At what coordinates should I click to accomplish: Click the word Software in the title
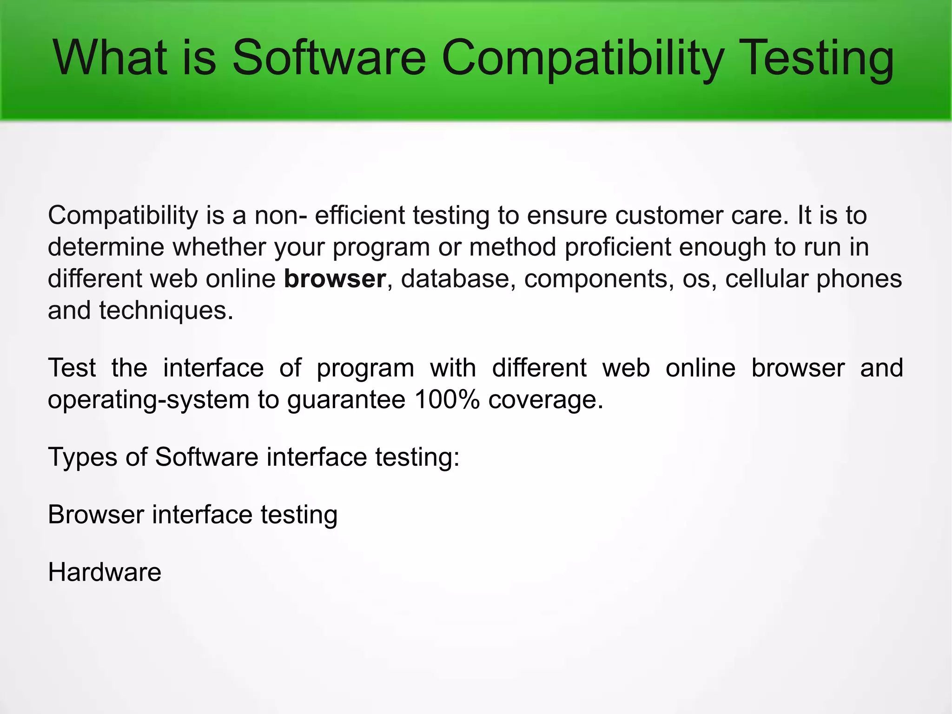pyautogui.click(x=329, y=58)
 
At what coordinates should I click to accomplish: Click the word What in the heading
pyautogui.click(x=110, y=58)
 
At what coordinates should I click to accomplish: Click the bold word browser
pyautogui.click(x=335, y=279)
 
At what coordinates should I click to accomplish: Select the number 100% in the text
pyautogui.click(x=447, y=399)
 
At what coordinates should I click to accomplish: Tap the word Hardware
pyautogui.click(x=105, y=572)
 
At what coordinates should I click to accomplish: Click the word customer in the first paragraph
pyautogui.click(x=669, y=216)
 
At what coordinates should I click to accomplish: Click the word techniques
pyautogui.click(x=166, y=311)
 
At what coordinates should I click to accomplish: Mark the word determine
pyautogui.click(x=106, y=247)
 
